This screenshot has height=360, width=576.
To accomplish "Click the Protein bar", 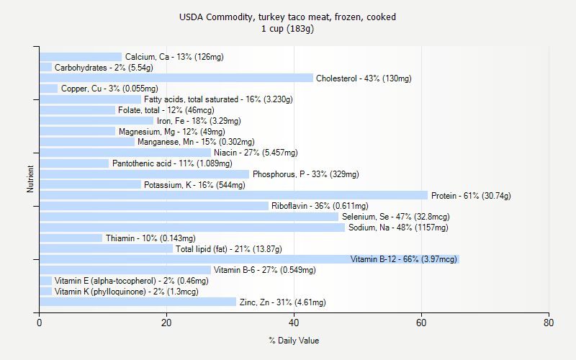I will coord(233,195).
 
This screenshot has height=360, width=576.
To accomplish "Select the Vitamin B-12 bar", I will coord(249,259).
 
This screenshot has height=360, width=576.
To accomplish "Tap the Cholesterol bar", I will coord(176,78).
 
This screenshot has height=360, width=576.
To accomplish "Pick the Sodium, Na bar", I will coord(192,228).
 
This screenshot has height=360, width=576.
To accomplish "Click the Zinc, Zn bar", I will coord(138,302).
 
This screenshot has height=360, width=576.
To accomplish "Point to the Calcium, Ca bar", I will coord(81,57).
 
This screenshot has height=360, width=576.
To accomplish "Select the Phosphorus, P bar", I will coord(144,174).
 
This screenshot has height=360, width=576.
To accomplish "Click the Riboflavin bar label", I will coord(320,206).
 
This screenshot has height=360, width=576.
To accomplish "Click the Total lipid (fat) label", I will coord(229,249).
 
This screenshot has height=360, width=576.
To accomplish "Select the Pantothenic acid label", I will coord(172,163).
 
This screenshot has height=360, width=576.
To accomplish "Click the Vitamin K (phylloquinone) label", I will coord(126,292).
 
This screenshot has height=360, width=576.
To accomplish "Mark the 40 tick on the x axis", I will coord(294,313).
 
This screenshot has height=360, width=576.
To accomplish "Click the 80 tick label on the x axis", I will coord(549,323).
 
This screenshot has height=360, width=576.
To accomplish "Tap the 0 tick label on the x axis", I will coord(40,323).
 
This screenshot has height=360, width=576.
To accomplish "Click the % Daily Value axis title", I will coord(294,341).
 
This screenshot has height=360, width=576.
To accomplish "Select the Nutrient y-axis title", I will coord(30,179).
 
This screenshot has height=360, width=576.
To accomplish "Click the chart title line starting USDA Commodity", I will coord(288,17).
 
